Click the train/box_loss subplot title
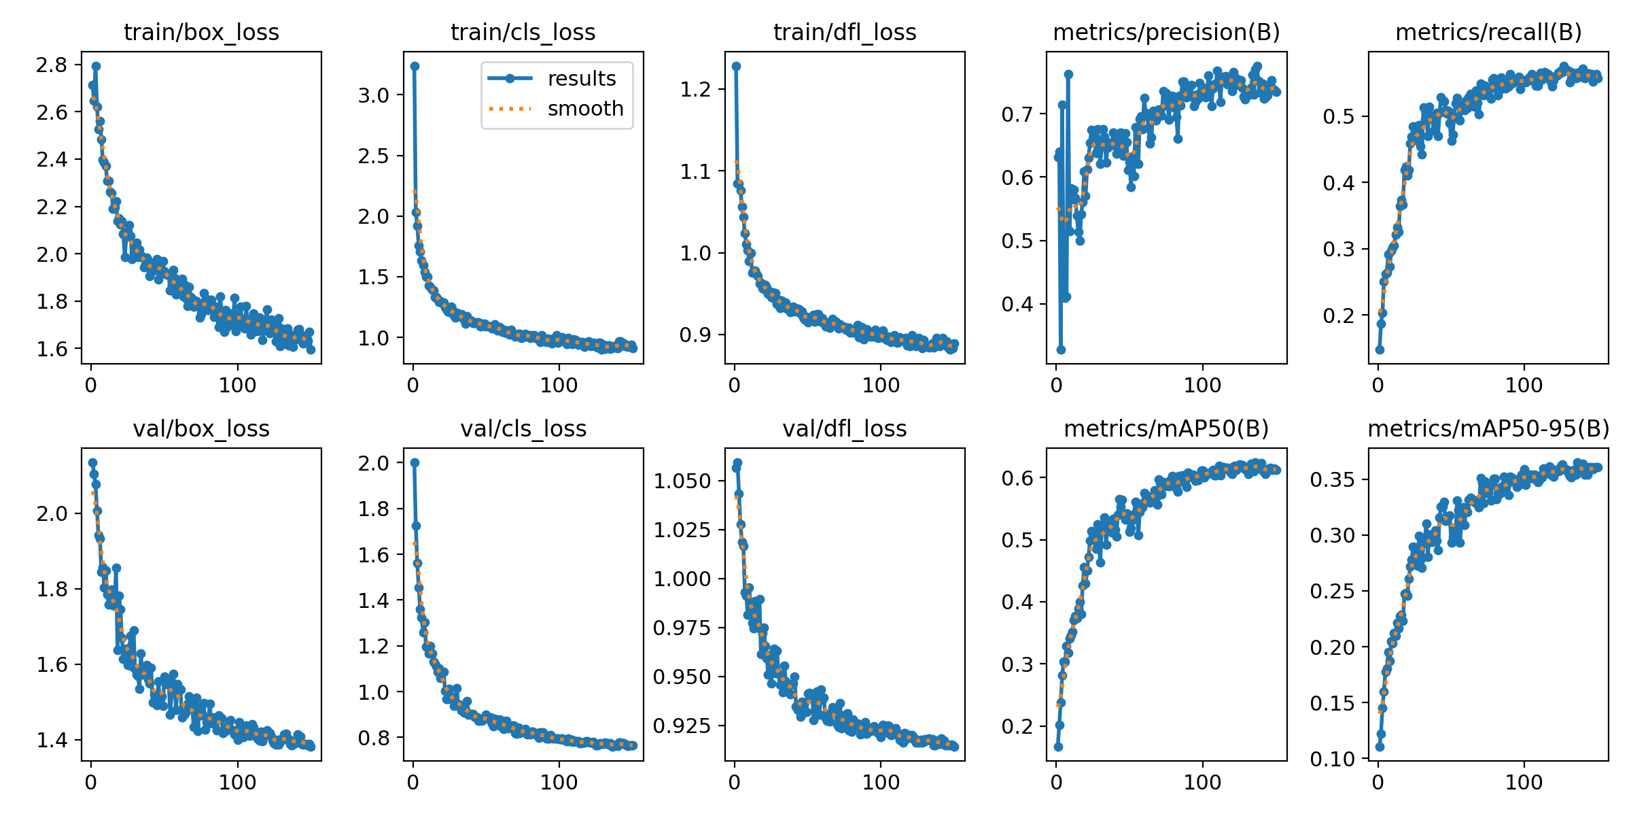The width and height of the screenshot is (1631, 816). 201,32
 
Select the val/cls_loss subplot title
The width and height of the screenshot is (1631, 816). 523,428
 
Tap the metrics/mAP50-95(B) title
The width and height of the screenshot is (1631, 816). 1488,428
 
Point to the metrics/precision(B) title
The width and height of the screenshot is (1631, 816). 1166,32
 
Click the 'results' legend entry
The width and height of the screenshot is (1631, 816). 582,79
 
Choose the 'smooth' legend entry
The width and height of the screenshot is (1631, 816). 585,109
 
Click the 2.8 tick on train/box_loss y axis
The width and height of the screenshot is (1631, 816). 52,65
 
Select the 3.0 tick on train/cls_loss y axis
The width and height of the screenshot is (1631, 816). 373,95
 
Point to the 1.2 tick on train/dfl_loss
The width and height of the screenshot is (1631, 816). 695,89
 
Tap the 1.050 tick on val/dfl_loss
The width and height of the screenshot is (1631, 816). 682,481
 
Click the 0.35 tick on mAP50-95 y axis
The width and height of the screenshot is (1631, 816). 1332,479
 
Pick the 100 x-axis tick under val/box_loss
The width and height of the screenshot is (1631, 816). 237,783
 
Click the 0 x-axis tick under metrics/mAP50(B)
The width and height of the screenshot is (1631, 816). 1056,783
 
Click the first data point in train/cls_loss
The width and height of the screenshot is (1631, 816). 415,67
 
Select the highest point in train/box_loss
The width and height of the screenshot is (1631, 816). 96,67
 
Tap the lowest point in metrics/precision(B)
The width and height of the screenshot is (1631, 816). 1061,350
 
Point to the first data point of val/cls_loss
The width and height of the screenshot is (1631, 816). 415,462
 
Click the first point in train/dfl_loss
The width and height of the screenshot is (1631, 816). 736,67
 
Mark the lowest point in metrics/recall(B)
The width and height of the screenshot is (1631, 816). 1380,350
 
